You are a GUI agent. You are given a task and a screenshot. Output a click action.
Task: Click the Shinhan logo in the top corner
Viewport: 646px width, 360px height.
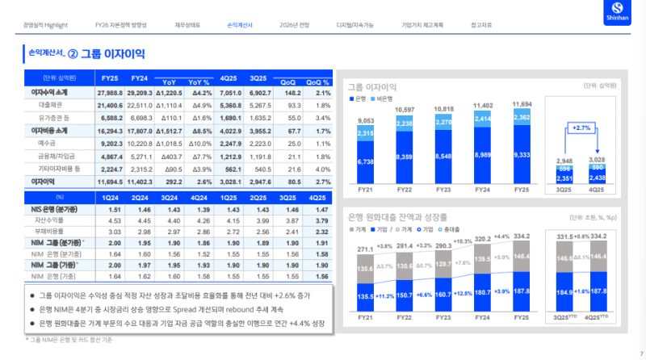(x=627, y=14)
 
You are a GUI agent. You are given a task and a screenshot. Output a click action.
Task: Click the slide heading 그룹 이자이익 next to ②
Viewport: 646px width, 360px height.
(x=113, y=54)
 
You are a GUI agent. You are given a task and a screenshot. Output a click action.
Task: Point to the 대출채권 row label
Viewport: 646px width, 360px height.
(x=51, y=105)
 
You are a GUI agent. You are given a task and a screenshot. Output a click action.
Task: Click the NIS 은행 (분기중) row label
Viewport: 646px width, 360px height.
(x=52, y=207)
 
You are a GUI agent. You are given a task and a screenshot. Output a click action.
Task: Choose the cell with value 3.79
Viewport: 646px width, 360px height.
(x=321, y=219)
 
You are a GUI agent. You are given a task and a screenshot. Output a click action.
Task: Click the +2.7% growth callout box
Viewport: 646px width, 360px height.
(x=583, y=128)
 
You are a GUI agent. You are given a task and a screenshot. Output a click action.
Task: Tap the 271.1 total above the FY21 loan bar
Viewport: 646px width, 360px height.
(x=364, y=249)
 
